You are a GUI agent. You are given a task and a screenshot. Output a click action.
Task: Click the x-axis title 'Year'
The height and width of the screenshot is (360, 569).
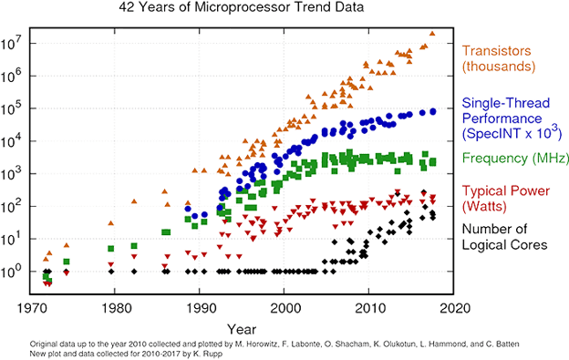(x=241, y=325)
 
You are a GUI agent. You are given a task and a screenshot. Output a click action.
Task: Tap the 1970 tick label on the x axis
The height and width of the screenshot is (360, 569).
(x=32, y=308)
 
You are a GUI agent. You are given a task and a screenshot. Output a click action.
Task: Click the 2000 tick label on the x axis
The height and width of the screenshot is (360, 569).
(x=286, y=308)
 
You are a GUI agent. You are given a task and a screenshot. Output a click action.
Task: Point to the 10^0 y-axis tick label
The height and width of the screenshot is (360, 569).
(x=13, y=272)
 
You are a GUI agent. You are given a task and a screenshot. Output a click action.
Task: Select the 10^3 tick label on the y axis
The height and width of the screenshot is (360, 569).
(x=13, y=174)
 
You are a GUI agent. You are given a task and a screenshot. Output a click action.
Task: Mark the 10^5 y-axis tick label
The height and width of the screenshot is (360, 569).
(x=13, y=108)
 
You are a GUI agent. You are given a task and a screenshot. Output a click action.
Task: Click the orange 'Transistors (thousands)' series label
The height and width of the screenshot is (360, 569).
(x=499, y=59)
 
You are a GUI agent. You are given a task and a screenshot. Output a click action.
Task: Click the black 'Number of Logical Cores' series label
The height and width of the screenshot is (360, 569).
(x=504, y=236)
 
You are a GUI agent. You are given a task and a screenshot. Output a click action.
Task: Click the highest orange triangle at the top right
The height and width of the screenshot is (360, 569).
(x=432, y=34)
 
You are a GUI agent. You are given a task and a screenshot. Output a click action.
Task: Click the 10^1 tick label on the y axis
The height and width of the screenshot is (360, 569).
(x=13, y=240)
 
